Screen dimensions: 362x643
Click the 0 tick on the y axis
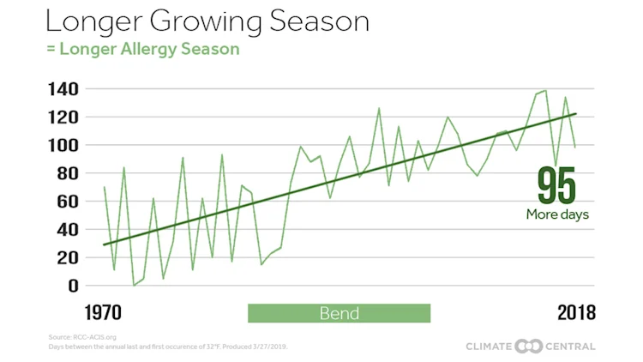(73, 285)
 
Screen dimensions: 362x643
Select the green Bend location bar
(339, 312)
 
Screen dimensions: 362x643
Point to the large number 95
(556, 185)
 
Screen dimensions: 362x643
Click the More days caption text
(557, 214)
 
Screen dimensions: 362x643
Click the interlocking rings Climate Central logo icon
(531, 346)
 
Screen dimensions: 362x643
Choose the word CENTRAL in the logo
(572, 346)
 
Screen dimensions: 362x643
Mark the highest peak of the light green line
(545, 90)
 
